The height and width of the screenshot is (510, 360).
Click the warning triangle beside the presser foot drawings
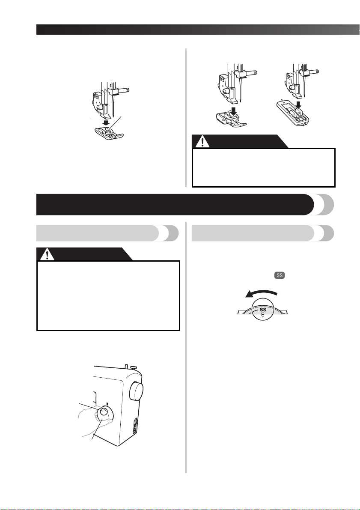(202, 142)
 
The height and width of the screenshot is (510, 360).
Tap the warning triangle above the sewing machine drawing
(48, 254)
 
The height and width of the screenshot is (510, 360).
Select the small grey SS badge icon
(280, 275)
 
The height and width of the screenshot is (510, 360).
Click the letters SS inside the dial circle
(263, 310)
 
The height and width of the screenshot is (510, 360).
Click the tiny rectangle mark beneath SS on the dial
(263, 315)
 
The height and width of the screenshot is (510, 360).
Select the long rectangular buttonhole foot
(292, 113)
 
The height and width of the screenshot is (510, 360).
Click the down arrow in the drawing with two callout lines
(105, 122)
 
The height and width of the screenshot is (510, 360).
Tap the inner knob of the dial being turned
(104, 412)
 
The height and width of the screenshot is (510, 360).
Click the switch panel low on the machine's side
(135, 426)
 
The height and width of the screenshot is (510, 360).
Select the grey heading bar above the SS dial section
(262, 233)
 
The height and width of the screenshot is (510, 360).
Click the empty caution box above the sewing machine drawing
(108, 295)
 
